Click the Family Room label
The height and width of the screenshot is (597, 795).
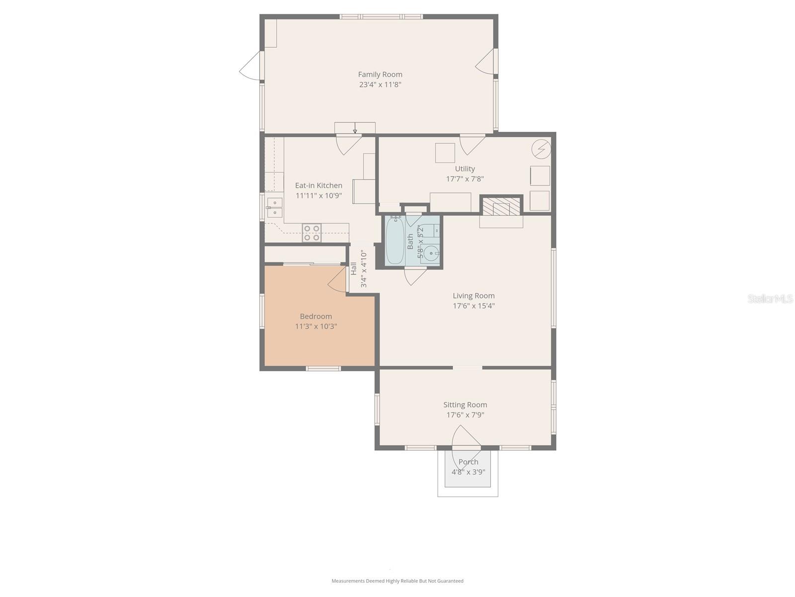pyautogui.click(x=380, y=75)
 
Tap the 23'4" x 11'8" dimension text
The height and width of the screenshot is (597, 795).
pyautogui.click(x=380, y=85)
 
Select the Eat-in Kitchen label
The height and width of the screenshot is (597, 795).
pyautogui.click(x=318, y=186)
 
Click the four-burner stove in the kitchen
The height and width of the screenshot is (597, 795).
pyautogui.click(x=312, y=233)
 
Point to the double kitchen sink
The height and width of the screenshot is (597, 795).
pyautogui.click(x=274, y=208)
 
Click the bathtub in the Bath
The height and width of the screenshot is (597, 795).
pyautogui.click(x=395, y=241)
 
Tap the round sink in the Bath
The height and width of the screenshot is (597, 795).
pyautogui.click(x=431, y=253)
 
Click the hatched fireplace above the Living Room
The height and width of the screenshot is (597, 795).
pyautogui.click(x=501, y=206)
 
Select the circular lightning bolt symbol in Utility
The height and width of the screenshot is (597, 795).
pyautogui.click(x=541, y=148)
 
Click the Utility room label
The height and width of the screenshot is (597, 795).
pyautogui.click(x=465, y=169)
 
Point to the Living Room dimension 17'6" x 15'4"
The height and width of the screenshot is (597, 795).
pyautogui.click(x=474, y=306)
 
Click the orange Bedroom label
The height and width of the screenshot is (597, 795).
pyautogui.click(x=316, y=316)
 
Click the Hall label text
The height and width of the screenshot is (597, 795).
pyautogui.click(x=354, y=269)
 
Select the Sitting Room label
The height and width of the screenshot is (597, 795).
pyautogui.click(x=465, y=405)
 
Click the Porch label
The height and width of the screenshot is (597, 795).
pyautogui.click(x=468, y=462)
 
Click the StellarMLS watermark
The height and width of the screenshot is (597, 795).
pyautogui.click(x=770, y=298)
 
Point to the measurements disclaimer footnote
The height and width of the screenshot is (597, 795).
pyautogui.click(x=397, y=581)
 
